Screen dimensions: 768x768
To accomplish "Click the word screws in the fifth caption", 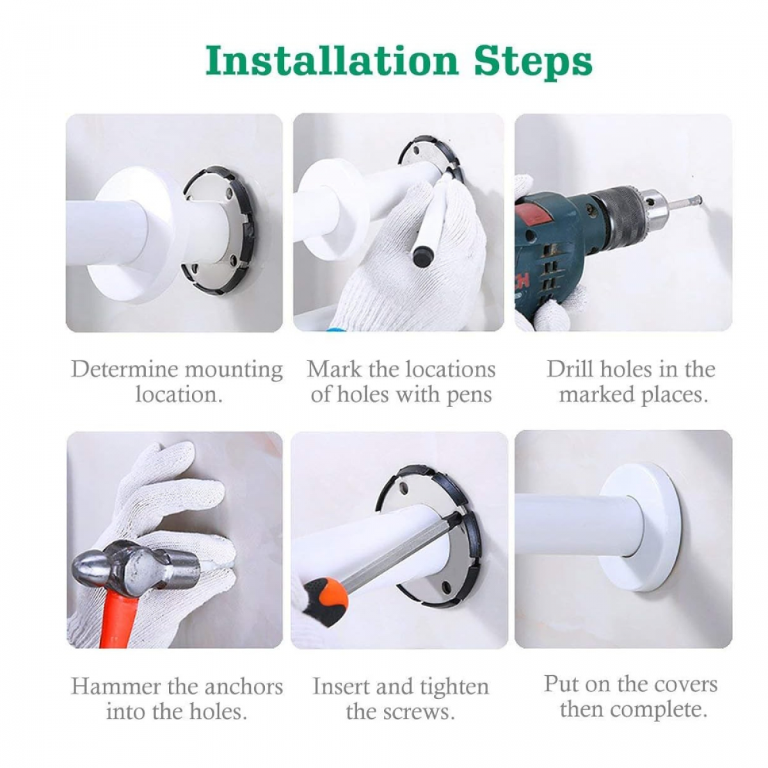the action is tap(426, 712).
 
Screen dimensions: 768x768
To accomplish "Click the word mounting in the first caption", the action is tap(234, 371).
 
